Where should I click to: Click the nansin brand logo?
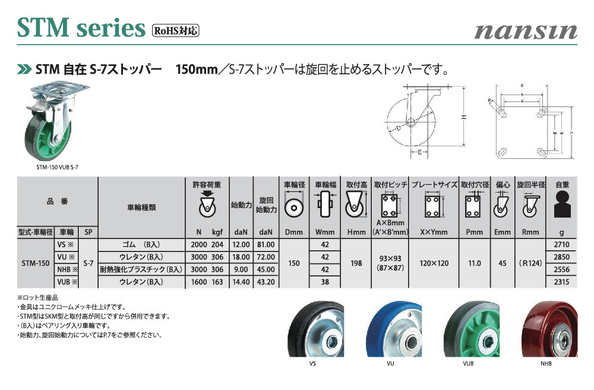point(526,32)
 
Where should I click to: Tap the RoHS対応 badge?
point(175,30)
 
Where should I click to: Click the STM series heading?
point(81,28)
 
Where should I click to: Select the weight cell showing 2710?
point(561,245)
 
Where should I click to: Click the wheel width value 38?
point(325,282)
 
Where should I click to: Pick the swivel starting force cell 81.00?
point(266,245)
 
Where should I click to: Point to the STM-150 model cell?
point(36,263)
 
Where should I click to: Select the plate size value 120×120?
point(434,263)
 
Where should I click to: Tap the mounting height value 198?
point(356,263)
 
